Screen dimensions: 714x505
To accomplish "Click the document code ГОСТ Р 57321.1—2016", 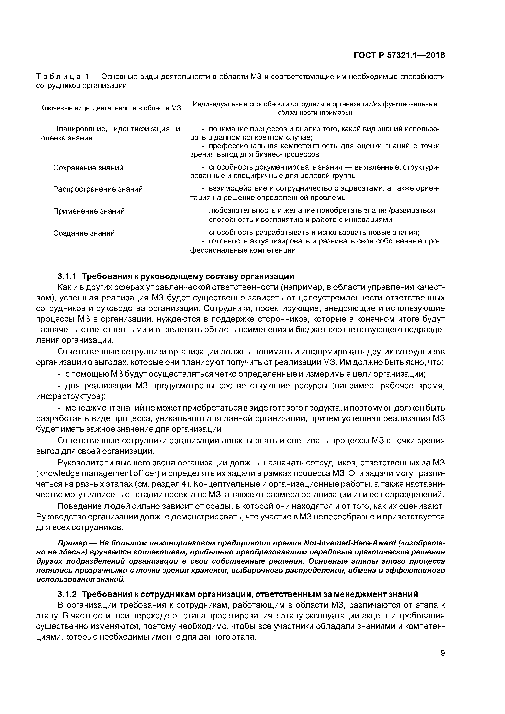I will (399, 55).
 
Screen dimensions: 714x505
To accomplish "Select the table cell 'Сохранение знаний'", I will (88, 168).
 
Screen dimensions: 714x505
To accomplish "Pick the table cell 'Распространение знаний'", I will (98, 189).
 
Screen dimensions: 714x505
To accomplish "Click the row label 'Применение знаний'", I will (89, 211).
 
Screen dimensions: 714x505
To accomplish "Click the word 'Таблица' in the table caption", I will (59, 77).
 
